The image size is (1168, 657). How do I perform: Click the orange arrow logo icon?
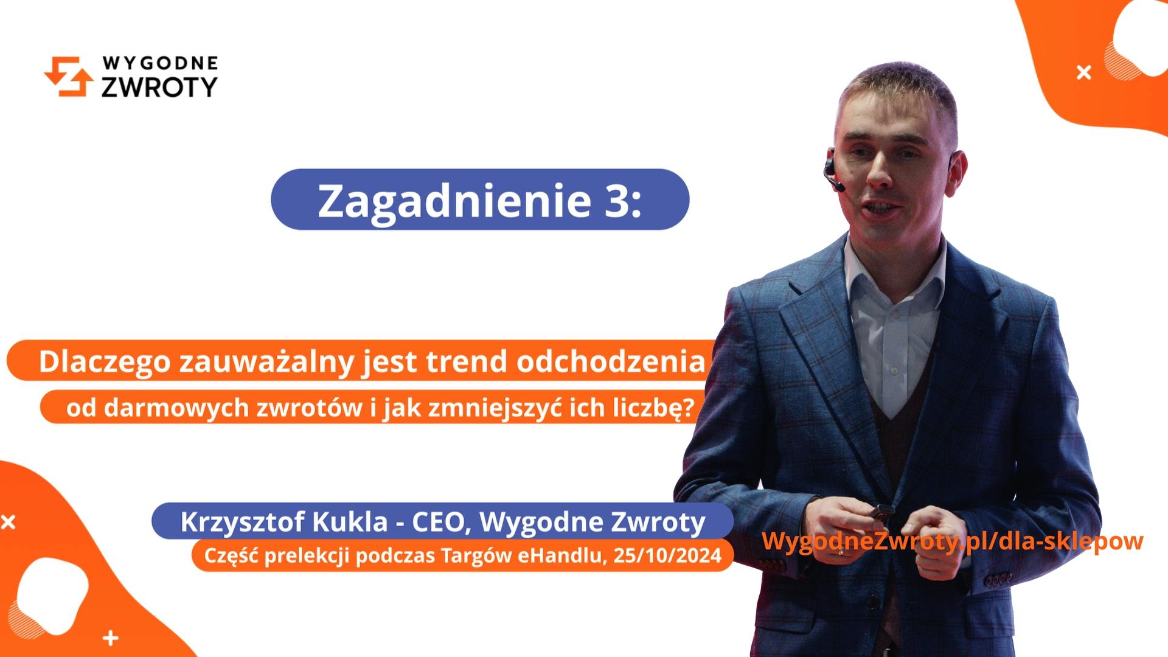[68, 77]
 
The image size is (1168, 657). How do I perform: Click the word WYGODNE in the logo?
[160, 63]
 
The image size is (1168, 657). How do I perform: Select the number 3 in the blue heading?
[616, 200]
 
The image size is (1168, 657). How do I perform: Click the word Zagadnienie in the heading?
[454, 200]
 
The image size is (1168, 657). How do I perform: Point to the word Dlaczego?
[104, 361]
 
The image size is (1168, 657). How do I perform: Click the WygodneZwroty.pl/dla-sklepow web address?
[952, 541]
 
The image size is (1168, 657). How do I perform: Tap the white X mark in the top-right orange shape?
[1083, 73]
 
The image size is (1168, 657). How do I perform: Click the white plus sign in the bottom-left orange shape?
[110, 638]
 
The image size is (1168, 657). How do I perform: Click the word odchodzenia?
[610, 361]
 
